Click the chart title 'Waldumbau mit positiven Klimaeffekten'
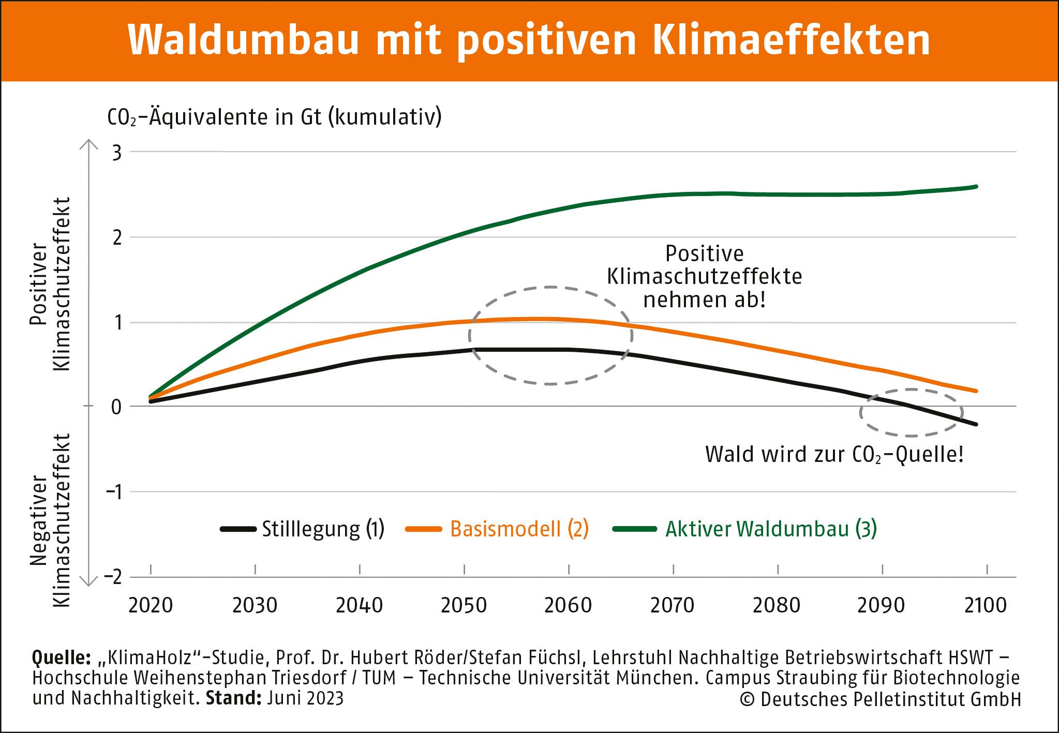point(529,40)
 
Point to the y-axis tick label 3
point(117,153)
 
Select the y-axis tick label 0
point(116,407)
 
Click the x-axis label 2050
point(464,605)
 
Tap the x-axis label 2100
point(986,605)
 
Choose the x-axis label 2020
point(151,605)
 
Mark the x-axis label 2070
point(672,605)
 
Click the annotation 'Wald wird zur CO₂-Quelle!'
point(834,455)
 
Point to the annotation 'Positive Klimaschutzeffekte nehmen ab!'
point(704,277)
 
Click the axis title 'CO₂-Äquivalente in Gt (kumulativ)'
point(274,117)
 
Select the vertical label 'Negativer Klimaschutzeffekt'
point(50,520)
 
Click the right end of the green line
point(976,186)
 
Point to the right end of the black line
point(976,424)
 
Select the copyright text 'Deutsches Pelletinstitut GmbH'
point(890,699)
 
